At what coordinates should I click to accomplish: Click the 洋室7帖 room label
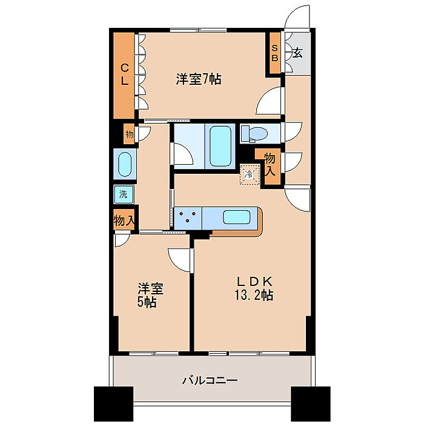click(x=199, y=79)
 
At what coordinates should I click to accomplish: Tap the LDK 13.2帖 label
click(x=254, y=288)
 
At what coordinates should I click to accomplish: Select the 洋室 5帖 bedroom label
click(x=150, y=296)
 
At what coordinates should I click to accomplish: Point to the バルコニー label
click(x=210, y=380)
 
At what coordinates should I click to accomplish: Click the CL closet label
click(x=125, y=75)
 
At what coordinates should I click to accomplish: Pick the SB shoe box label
click(x=275, y=53)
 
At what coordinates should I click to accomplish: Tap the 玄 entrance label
click(x=297, y=53)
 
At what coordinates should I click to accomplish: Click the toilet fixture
click(x=254, y=134)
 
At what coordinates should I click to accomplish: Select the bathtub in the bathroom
click(x=220, y=147)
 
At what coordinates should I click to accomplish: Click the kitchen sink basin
click(x=236, y=217)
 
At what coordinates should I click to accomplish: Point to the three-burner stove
click(x=188, y=217)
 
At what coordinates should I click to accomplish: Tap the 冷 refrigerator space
click(x=250, y=174)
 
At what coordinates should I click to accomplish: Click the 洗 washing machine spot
click(x=124, y=194)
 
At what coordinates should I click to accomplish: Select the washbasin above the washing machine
click(x=125, y=164)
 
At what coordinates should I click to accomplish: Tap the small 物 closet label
click(x=130, y=134)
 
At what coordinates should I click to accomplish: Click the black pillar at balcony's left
click(x=114, y=404)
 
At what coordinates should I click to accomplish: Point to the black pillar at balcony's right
click(x=311, y=404)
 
